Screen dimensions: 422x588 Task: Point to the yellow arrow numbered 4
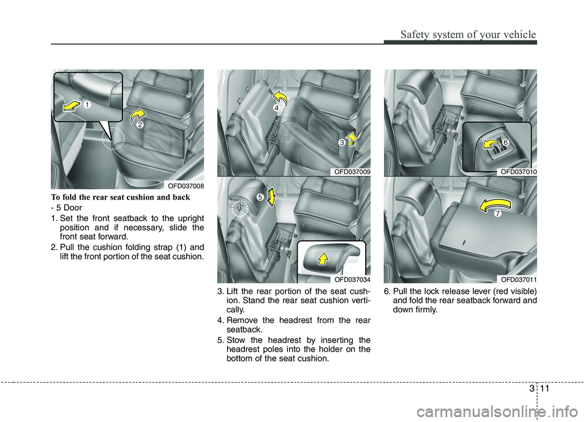pyautogui.click(x=281, y=98)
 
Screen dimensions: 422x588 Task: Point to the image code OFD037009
pyautogui.click(x=352, y=172)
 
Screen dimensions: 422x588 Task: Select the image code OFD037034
pyautogui.click(x=352, y=279)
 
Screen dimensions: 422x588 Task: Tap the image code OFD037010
pyautogui.click(x=518, y=172)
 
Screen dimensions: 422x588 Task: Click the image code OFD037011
pyautogui.click(x=518, y=279)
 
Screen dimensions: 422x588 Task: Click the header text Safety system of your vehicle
pyautogui.click(x=467, y=34)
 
